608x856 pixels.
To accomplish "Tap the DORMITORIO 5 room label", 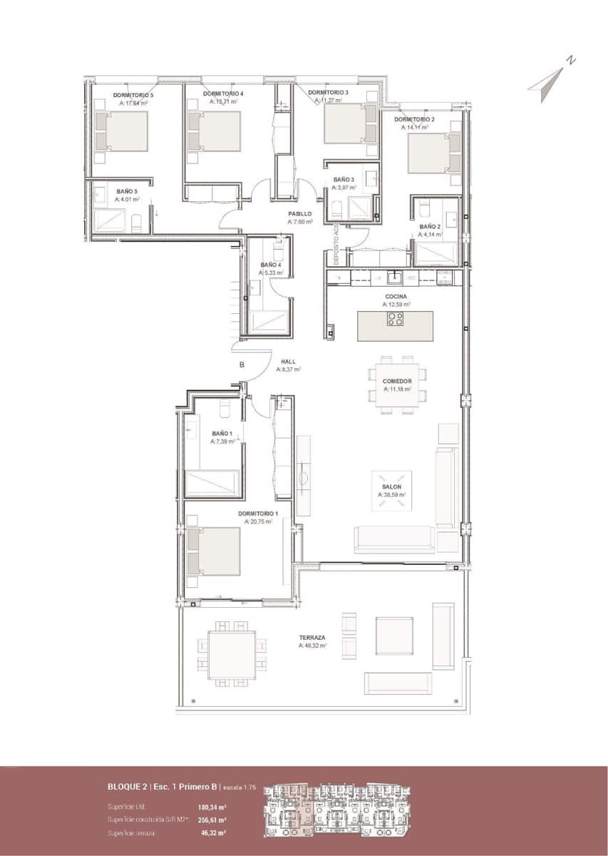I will [x=133, y=94].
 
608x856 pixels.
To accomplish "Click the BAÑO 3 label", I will [x=343, y=180].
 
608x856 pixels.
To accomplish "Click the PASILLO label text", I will [x=300, y=213].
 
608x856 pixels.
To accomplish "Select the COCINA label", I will [x=396, y=296].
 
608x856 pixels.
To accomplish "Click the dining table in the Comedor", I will [x=396, y=385].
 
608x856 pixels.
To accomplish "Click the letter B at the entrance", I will [x=242, y=365].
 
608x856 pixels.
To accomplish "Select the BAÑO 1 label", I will [x=222, y=433].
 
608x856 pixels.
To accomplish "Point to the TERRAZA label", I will [x=312, y=637].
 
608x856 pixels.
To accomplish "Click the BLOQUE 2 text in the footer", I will [x=128, y=787].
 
